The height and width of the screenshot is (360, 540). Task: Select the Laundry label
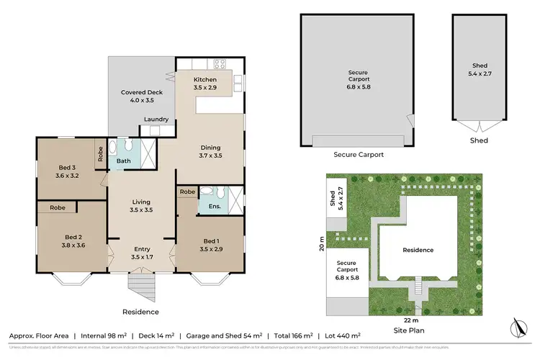[x=156, y=120]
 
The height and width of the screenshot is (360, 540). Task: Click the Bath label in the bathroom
[x=123, y=161]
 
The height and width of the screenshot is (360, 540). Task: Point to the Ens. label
[x=213, y=207]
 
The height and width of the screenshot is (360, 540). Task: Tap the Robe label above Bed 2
[x=58, y=208]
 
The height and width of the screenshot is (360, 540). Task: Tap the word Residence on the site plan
[x=418, y=250]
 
